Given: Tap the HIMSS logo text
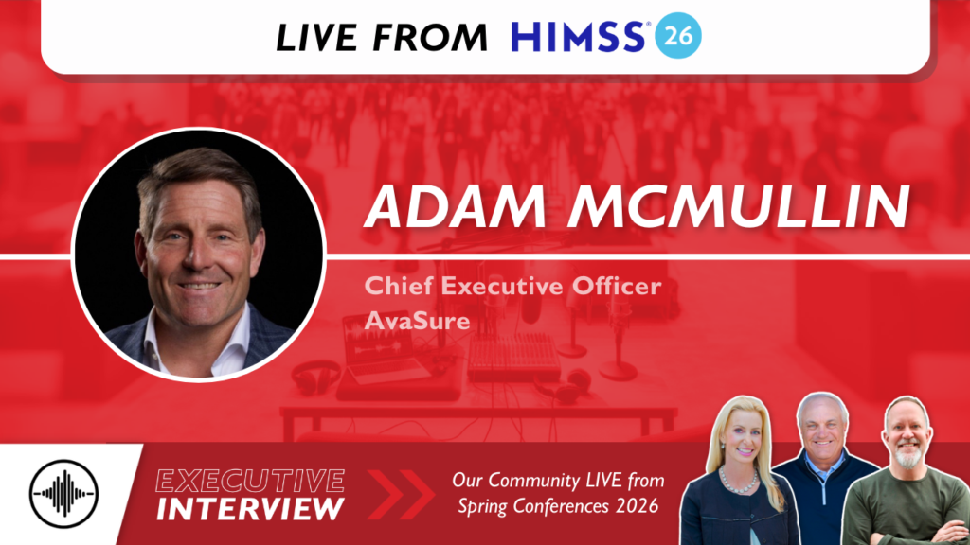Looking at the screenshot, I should pos(580,36).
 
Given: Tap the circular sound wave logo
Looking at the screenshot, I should pos(63,493).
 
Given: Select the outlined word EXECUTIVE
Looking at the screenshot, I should pos(250,479).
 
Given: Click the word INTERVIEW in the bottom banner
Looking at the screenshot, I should pos(250,509).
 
